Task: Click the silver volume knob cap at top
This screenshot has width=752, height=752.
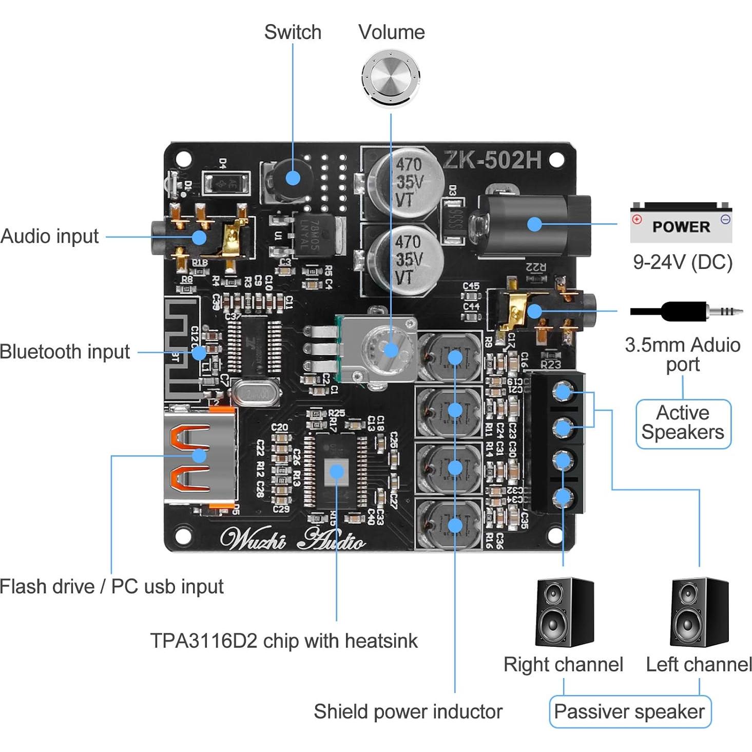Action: (x=391, y=78)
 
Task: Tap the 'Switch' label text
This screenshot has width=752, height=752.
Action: (x=293, y=32)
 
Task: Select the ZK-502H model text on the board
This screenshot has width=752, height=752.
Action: (x=492, y=160)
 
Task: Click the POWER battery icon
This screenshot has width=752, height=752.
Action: (x=681, y=223)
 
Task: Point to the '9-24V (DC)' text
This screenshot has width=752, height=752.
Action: (x=682, y=262)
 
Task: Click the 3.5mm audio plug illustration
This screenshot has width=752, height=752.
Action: (x=686, y=311)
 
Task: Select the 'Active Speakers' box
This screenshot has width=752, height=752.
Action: (x=683, y=423)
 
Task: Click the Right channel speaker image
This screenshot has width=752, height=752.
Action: (x=564, y=612)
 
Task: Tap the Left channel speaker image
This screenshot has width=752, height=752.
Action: (x=699, y=612)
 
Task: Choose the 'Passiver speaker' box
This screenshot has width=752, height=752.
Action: (x=630, y=712)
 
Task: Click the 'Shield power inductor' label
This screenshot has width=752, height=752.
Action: (x=408, y=712)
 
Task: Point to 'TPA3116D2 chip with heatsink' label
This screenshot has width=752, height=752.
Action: (x=284, y=641)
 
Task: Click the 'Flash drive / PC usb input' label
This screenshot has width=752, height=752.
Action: (x=111, y=586)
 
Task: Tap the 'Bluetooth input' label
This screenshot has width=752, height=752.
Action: (x=65, y=352)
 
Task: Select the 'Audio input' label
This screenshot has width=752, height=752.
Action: (x=50, y=237)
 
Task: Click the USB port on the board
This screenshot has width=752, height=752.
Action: (x=199, y=456)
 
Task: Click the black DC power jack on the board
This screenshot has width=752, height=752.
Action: (x=534, y=224)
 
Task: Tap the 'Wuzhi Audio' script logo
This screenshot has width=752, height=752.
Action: (x=293, y=539)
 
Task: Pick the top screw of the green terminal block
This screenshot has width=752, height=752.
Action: (x=563, y=393)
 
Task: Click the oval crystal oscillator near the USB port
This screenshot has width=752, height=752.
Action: (x=256, y=394)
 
